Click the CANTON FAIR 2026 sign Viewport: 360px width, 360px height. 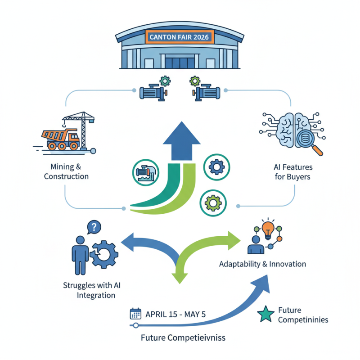(x=180, y=37)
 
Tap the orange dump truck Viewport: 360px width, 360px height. (x=60, y=139)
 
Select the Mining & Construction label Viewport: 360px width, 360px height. (x=66, y=171)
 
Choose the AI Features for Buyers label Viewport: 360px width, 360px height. (x=292, y=172)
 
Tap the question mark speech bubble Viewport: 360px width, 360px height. (x=93, y=227)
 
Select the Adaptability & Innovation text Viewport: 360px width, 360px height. (x=262, y=264)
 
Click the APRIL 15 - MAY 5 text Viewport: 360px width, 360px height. (x=176, y=314)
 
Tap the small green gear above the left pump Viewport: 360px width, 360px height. (x=165, y=81)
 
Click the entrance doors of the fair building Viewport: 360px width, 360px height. (x=180, y=63)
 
